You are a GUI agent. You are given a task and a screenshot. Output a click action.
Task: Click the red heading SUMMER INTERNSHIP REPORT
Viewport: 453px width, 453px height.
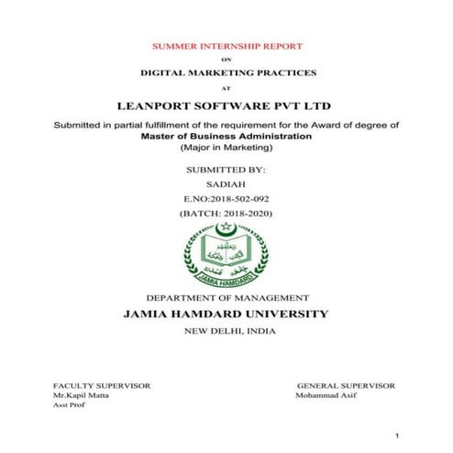click(x=226, y=45)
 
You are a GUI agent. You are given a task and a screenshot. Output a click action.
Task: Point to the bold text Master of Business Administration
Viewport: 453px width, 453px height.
click(x=226, y=135)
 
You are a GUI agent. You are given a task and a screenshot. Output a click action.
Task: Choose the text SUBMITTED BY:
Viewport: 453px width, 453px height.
click(x=226, y=170)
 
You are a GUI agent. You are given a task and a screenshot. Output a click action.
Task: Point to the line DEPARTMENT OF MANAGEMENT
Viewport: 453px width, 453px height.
click(x=227, y=299)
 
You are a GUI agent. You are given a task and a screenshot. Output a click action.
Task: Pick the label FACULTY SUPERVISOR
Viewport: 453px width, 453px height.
click(x=101, y=386)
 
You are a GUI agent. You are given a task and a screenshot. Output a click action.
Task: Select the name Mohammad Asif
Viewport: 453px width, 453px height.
click(x=326, y=395)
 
